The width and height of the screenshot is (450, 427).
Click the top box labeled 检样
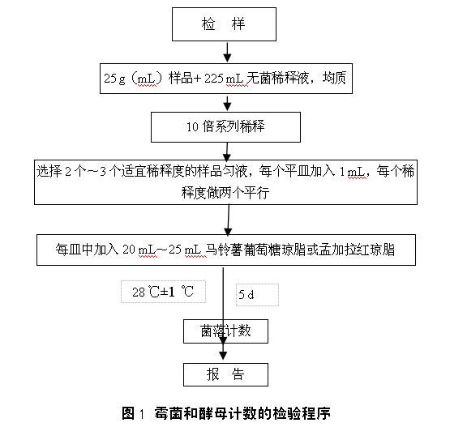click(x=224, y=24)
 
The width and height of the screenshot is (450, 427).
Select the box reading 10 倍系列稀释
click(x=225, y=127)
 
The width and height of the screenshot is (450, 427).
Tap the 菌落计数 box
click(x=225, y=331)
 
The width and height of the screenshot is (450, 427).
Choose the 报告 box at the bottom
click(x=225, y=374)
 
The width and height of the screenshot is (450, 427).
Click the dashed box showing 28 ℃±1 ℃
click(x=163, y=292)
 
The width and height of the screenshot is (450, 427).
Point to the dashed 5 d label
click(x=257, y=295)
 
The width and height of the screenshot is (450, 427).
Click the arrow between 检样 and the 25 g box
click(x=227, y=52)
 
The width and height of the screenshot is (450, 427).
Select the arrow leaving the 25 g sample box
click(x=227, y=103)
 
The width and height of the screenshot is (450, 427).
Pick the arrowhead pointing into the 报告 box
click(x=223, y=356)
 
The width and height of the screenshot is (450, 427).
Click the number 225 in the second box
click(x=214, y=79)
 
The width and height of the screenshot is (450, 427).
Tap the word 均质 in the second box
click(x=334, y=78)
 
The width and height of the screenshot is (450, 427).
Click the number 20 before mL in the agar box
click(x=129, y=250)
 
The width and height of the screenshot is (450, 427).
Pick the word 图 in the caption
click(x=128, y=413)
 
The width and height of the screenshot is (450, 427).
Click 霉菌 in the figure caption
click(x=168, y=413)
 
